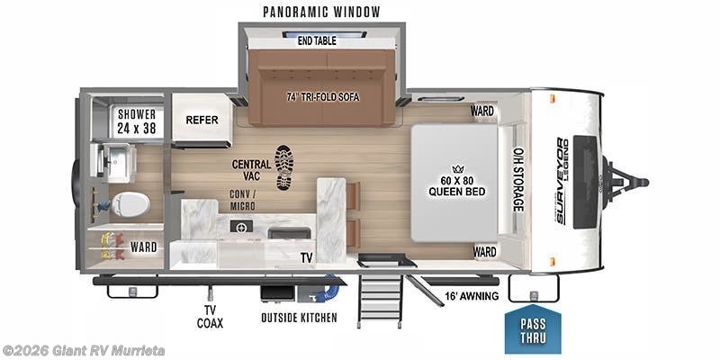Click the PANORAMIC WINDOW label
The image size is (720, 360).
tap(321, 12)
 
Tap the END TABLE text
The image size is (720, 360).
tap(317, 40)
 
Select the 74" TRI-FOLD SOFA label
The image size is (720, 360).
tap(323, 97)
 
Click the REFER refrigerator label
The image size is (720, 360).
tap(202, 120)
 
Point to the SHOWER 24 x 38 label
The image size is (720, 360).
tap(137, 121)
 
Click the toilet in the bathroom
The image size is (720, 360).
tap(130, 204)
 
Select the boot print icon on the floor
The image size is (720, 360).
tap(283, 167)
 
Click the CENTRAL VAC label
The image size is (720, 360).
tap(251, 170)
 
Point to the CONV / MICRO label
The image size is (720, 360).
tap(242, 200)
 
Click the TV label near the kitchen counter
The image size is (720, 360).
tap(307, 257)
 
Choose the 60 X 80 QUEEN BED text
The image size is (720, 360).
tap(457, 185)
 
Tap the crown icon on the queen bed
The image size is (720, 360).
tap(457, 168)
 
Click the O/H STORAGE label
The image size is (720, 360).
tap(518, 179)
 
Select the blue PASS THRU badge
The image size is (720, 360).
tap(533, 328)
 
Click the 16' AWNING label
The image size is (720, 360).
tap(472, 296)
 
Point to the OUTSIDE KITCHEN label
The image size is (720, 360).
tap(299, 318)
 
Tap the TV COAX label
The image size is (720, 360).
tap(210, 317)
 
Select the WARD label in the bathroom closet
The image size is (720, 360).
tap(143, 247)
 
